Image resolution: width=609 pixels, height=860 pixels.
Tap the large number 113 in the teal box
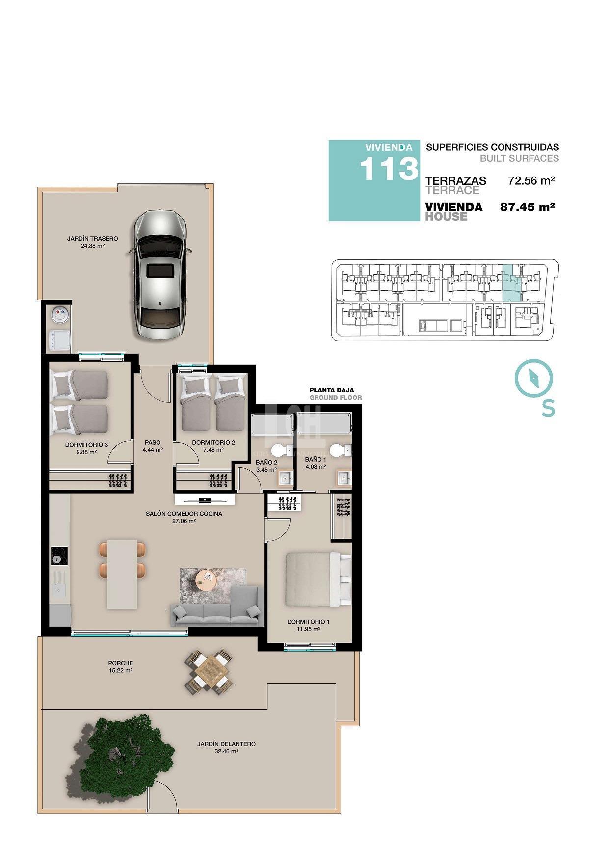click(x=388, y=169)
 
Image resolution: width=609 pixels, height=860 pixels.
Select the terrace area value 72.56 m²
click(x=531, y=180)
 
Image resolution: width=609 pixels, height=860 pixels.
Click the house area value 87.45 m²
click(x=527, y=207)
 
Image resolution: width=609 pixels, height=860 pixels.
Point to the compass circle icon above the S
click(x=533, y=378)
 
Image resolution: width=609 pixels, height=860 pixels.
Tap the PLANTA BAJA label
click(x=331, y=390)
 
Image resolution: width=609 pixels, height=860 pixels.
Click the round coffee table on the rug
click(x=206, y=581)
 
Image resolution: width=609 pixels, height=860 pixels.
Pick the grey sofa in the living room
click(x=216, y=610)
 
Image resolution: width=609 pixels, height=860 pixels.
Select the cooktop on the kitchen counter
click(x=59, y=556)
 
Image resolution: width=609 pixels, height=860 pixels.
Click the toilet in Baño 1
click(x=339, y=449)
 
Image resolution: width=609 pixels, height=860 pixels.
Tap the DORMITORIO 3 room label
click(x=86, y=445)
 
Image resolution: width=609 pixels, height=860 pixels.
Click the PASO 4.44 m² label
click(x=153, y=446)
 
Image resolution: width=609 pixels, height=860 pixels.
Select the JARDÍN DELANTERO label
click(x=226, y=744)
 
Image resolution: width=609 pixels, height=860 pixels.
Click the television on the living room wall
click(x=205, y=500)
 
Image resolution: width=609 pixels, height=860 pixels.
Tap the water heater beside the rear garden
click(x=59, y=315)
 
